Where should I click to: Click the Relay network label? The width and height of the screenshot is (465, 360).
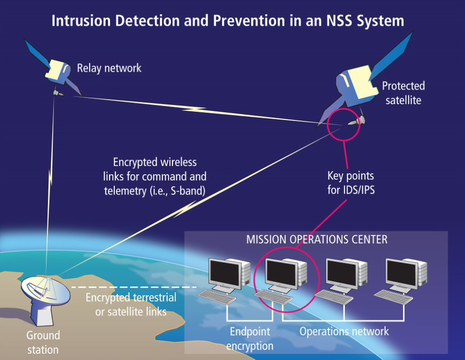109,68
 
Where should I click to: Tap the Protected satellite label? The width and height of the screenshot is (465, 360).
403,92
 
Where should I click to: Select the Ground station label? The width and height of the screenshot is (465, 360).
43,343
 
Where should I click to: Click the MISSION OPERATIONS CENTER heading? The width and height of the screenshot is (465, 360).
317,239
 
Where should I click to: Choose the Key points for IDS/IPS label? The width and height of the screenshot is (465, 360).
350,182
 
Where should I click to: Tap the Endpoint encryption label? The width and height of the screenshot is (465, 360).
249,339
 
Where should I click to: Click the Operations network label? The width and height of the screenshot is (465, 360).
344,332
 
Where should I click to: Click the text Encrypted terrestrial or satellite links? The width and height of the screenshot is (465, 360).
131,305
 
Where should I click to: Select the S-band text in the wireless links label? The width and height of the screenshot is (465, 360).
184,189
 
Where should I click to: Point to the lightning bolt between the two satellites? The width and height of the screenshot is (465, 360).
195,109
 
